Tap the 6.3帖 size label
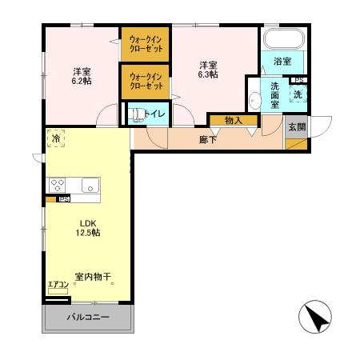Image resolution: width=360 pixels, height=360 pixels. (209, 74)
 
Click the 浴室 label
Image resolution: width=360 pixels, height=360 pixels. (282, 62)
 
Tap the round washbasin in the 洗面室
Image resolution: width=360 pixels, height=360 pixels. (255, 100)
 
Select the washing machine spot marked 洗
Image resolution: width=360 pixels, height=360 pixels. (297, 94)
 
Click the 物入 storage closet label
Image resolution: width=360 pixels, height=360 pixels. (234, 120)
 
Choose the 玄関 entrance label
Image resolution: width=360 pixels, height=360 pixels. (297, 126)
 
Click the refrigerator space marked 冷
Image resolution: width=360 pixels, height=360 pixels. (55, 138)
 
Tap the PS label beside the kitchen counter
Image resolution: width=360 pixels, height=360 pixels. (62, 198)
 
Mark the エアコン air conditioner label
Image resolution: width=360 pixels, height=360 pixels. (57, 286)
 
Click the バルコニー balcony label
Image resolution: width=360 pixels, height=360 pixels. (87, 319)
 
